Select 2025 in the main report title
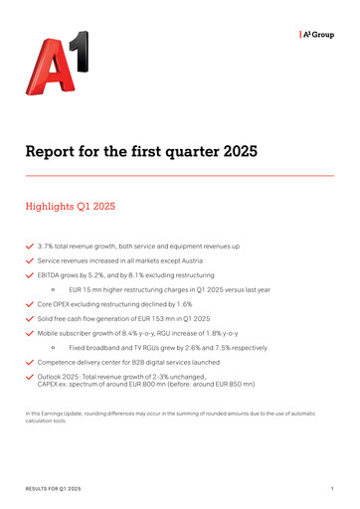pos(237,152)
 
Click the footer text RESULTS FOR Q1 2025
pos(55,490)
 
